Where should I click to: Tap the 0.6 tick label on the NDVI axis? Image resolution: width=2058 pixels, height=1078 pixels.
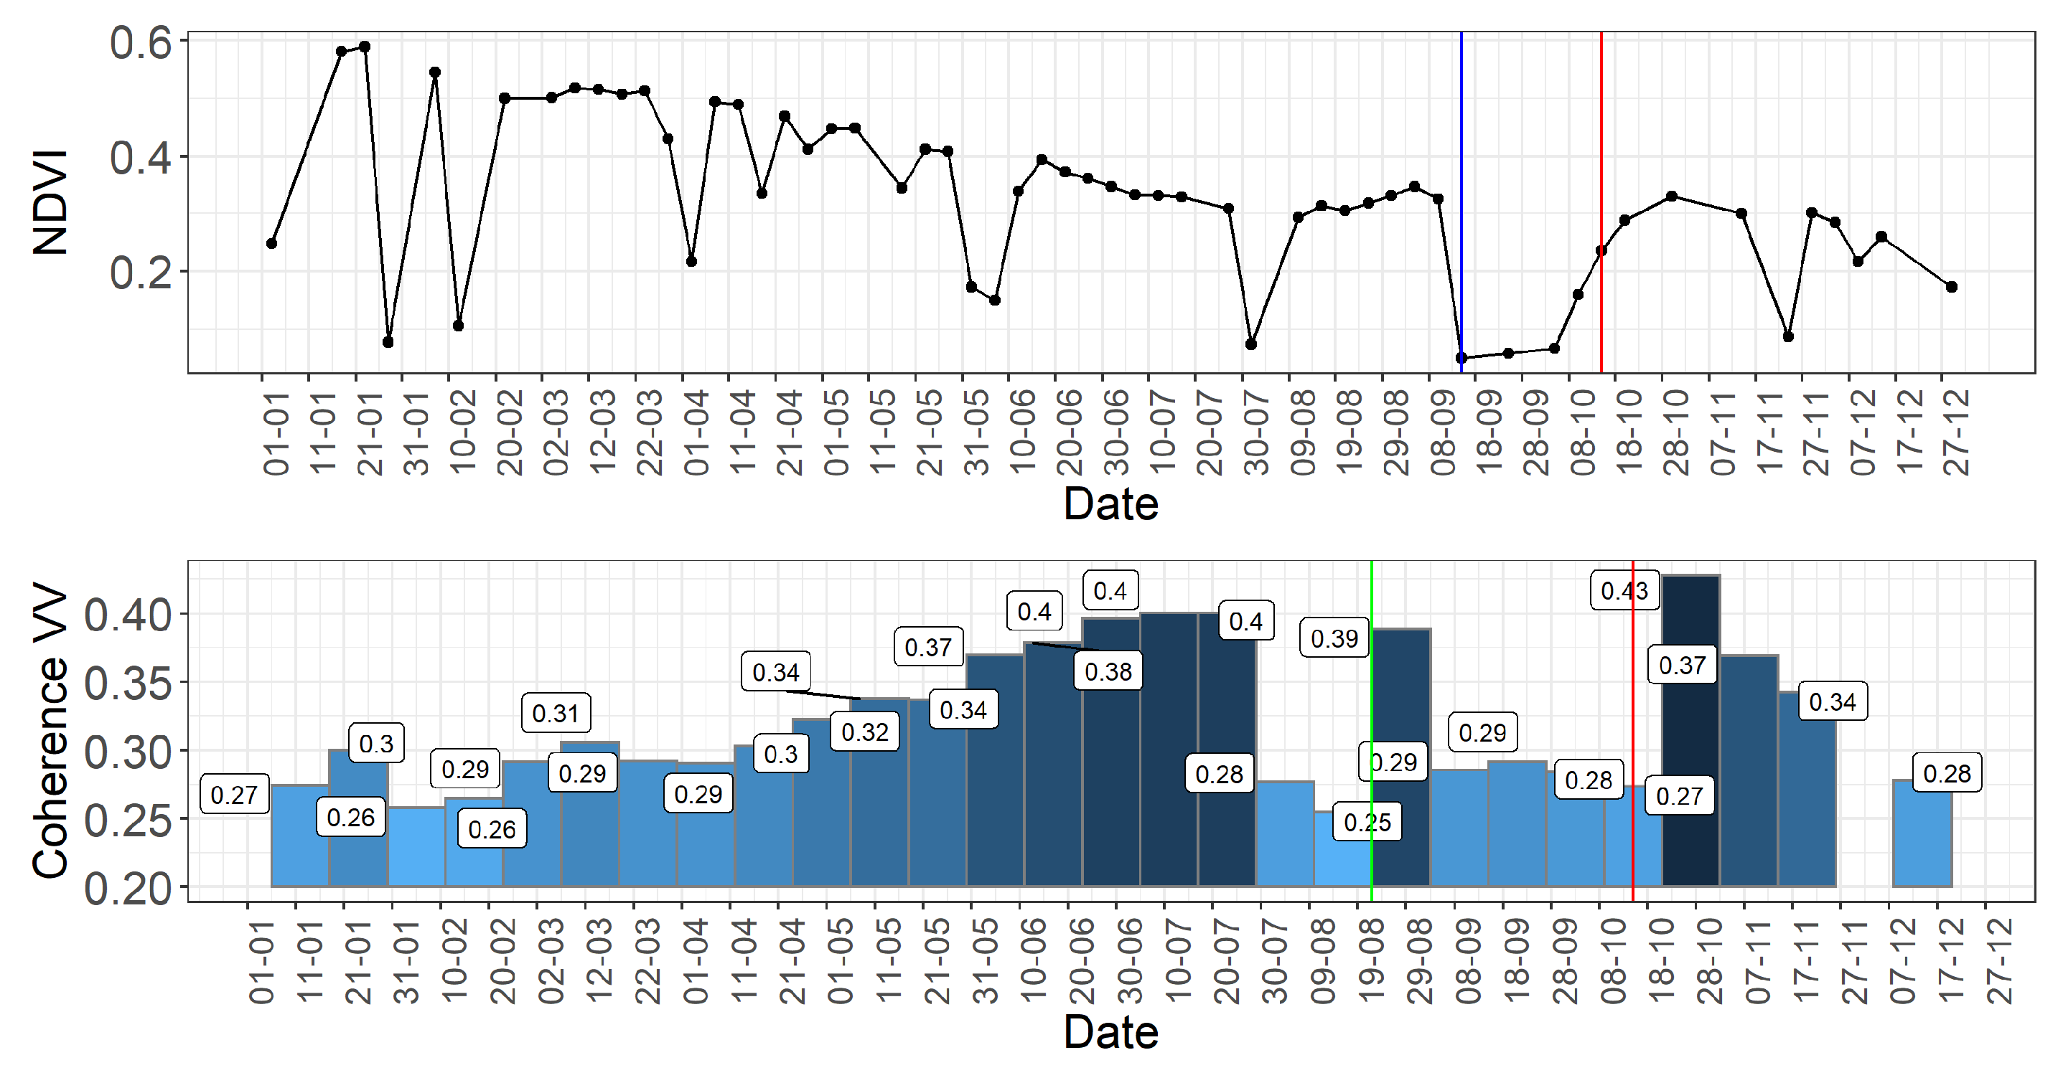click(x=141, y=43)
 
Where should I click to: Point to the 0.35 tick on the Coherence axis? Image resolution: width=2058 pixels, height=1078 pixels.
click(x=128, y=684)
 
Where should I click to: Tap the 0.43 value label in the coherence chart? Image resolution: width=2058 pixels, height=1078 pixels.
click(x=1624, y=591)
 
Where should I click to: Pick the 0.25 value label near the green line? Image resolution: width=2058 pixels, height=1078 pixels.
click(x=1367, y=822)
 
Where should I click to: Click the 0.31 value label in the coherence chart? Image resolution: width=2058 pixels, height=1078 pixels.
click(x=556, y=713)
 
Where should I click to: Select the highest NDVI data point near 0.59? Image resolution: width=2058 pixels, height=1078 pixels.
click(x=365, y=47)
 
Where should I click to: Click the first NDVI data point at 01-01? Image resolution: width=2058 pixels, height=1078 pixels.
click(x=271, y=244)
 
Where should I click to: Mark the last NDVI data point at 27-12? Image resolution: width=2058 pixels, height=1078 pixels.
click(x=1952, y=287)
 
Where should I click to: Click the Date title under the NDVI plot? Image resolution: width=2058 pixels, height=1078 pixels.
click(x=1110, y=505)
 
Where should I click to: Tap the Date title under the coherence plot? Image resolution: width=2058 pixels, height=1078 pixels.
click(x=1110, y=1033)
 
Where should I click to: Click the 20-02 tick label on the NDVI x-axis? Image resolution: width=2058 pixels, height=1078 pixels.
click(x=509, y=432)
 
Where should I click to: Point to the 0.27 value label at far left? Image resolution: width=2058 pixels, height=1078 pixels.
click(x=234, y=795)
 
